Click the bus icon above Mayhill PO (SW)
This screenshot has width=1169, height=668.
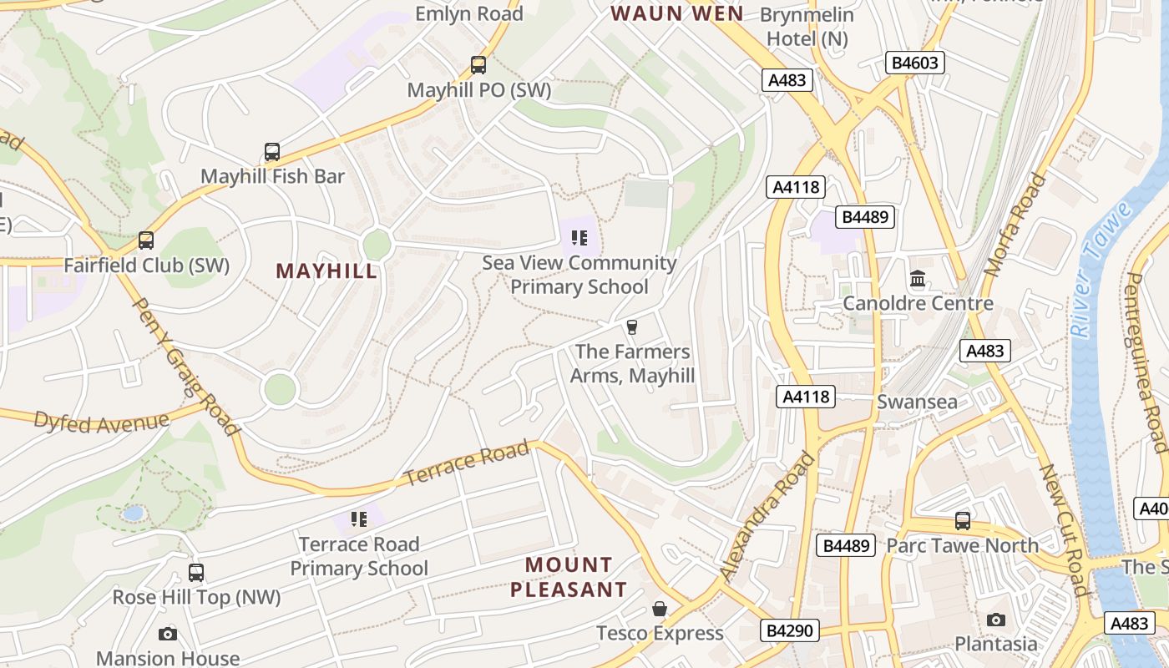coord(478,65)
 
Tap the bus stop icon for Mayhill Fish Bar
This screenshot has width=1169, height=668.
coord(272,152)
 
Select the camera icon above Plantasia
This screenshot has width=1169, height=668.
coord(995,620)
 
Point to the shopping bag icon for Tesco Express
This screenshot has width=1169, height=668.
coord(660,608)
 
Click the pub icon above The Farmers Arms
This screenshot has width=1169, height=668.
coord(632,326)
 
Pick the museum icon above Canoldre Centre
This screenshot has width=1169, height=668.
coord(918,278)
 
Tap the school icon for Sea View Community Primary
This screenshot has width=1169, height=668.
coord(579,238)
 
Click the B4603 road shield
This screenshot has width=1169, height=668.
coord(914,63)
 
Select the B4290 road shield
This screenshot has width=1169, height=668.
coord(789,630)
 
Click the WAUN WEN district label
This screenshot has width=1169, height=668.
coord(676,13)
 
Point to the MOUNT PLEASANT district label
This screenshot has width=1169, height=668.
coord(569,577)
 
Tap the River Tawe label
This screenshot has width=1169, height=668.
coord(1102,269)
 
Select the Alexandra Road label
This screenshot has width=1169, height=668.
coord(767,517)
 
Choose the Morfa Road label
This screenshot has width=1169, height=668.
coord(1015,225)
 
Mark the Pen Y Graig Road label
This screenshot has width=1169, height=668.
coord(185,367)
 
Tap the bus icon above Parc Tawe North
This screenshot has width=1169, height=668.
coord(963,521)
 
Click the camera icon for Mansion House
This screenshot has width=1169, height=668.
coord(168,634)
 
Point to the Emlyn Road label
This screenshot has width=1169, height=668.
coord(469,13)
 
